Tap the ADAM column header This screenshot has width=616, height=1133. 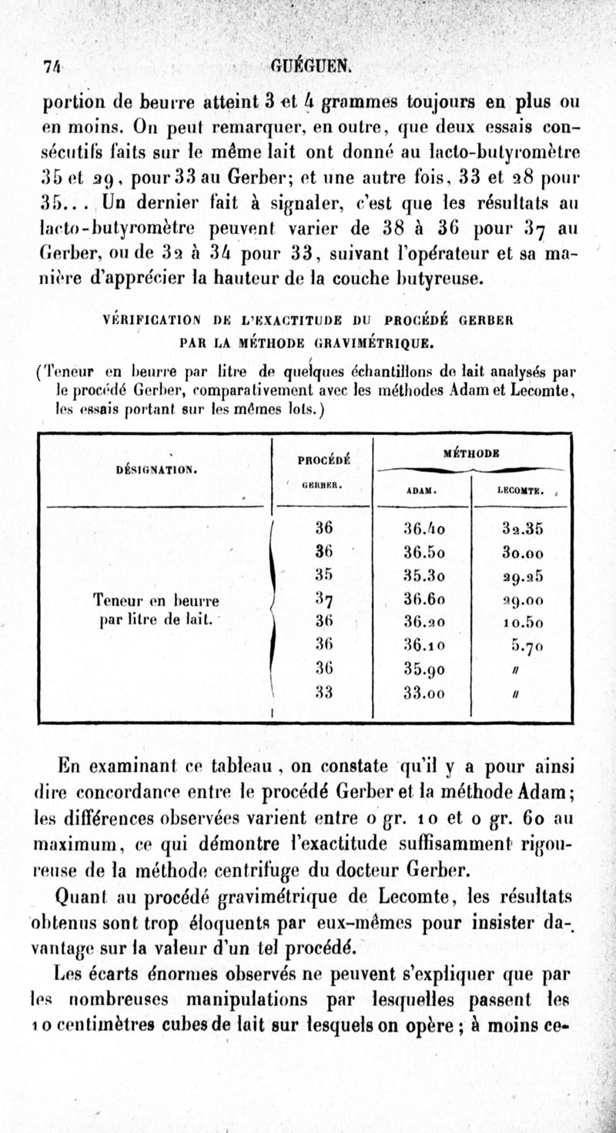420,489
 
